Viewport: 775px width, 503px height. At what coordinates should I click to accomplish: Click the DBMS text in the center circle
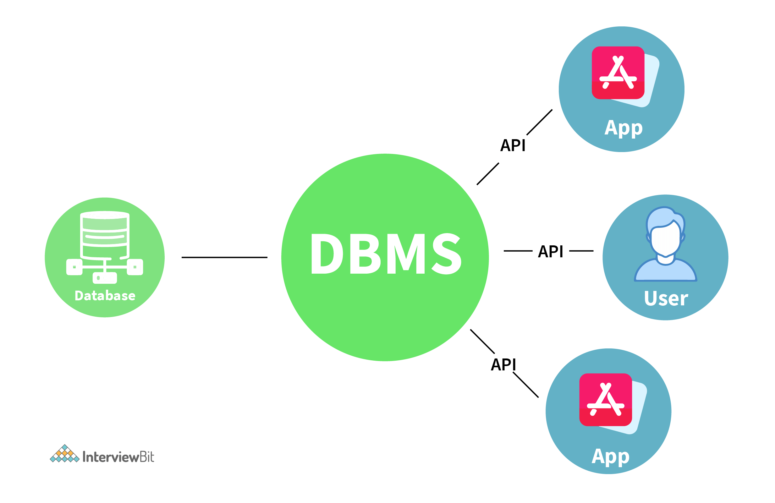point(386,254)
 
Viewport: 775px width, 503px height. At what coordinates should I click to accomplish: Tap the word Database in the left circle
point(105,296)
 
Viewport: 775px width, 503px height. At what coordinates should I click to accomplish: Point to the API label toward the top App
point(513,145)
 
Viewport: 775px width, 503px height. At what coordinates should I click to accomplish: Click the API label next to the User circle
point(550,251)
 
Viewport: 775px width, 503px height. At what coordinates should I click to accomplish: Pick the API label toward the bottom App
point(503,364)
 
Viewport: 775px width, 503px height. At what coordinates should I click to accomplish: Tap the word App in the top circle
point(624,128)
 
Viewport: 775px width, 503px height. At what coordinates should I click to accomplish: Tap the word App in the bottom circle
point(611,457)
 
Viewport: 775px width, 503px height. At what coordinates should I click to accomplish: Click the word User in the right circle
point(666,298)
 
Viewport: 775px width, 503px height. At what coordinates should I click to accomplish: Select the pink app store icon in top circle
point(618,73)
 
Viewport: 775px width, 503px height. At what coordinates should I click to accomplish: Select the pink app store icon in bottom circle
point(605,400)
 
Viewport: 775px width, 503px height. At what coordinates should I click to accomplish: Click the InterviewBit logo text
point(118,457)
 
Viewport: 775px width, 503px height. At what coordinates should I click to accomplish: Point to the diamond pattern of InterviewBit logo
point(64,454)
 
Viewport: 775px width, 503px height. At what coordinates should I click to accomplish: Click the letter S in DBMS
point(447,254)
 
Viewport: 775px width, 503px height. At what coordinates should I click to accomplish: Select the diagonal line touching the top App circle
point(539,123)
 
